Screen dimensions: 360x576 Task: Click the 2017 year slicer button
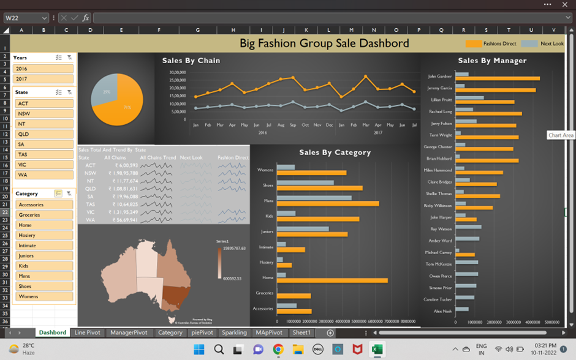43,79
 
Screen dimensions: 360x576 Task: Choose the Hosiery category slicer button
45,235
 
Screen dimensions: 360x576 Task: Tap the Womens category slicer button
45,296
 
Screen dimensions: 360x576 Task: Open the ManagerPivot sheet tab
129,332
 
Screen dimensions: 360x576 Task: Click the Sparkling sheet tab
234,332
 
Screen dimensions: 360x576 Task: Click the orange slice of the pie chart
126,104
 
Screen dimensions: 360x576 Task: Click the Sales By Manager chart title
492,61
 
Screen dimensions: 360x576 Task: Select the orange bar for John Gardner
497,78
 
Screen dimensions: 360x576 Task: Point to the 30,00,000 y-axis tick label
176,72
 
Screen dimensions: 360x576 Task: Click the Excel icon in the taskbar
377,349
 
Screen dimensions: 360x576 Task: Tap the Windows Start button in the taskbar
199,349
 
